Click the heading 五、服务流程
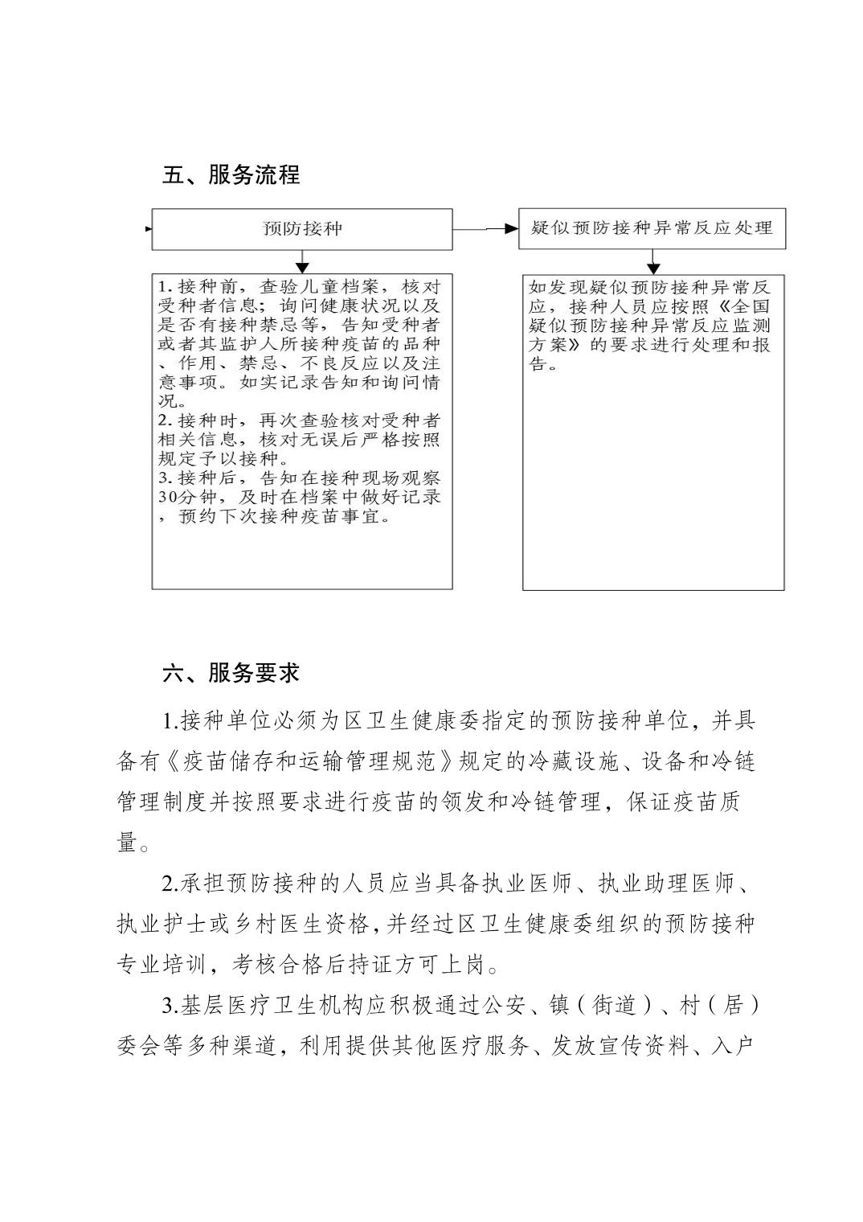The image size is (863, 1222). (x=231, y=174)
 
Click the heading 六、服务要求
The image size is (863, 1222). (x=231, y=673)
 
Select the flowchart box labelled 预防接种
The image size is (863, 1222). (x=302, y=229)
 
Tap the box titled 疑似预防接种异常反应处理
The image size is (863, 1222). (x=652, y=228)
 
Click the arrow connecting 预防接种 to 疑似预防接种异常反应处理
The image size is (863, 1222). (x=486, y=229)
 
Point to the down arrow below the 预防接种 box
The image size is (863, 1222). (x=302, y=262)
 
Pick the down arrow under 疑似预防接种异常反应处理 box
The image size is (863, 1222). (x=653, y=262)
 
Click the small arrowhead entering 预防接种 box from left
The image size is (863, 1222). (x=149, y=229)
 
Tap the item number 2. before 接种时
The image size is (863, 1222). (x=166, y=420)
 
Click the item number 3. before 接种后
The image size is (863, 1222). (x=166, y=478)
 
